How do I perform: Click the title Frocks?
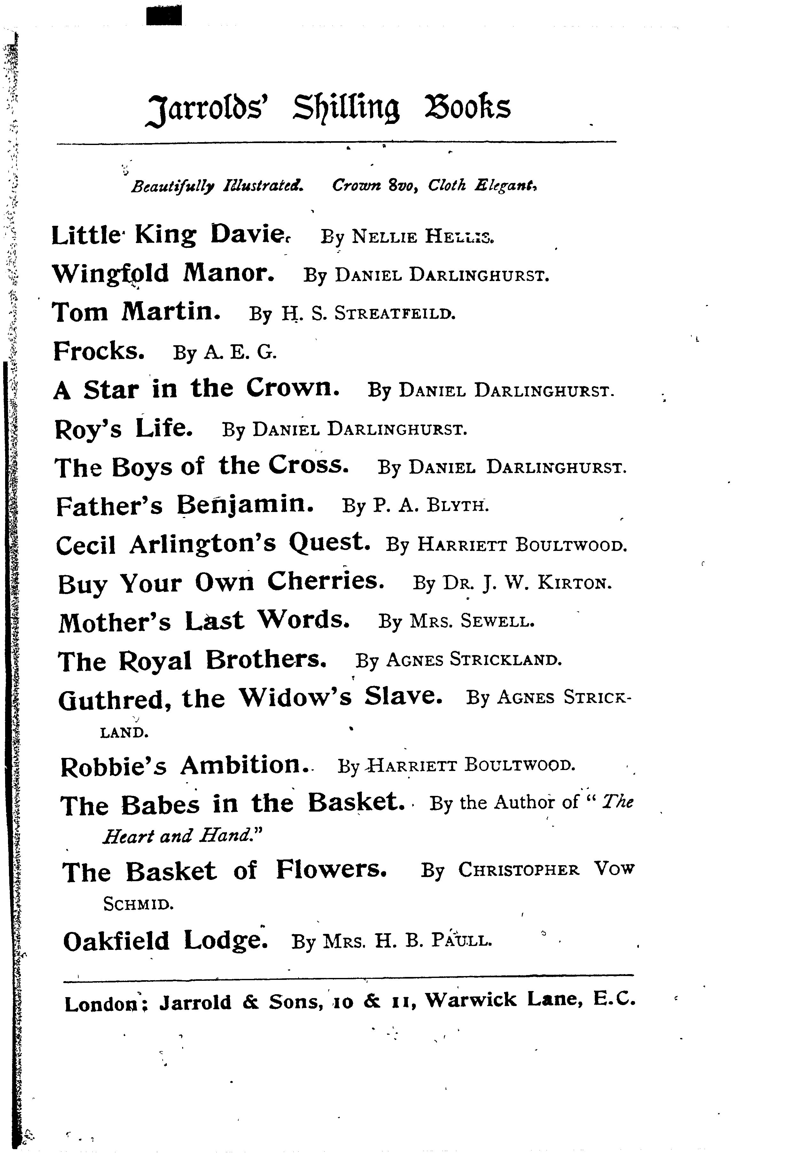click(x=99, y=351)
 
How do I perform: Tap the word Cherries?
click(x=325, y=582)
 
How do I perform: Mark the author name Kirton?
click(x=574, y=584)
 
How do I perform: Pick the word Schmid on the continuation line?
click(x=138, y=904)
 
